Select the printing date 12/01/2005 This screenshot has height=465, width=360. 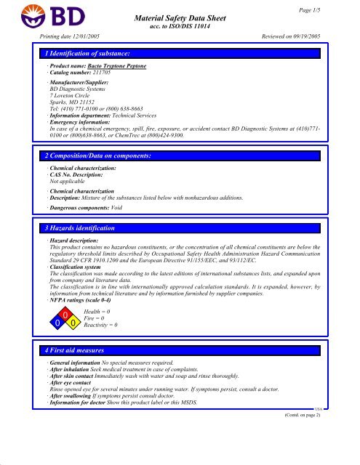92,34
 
